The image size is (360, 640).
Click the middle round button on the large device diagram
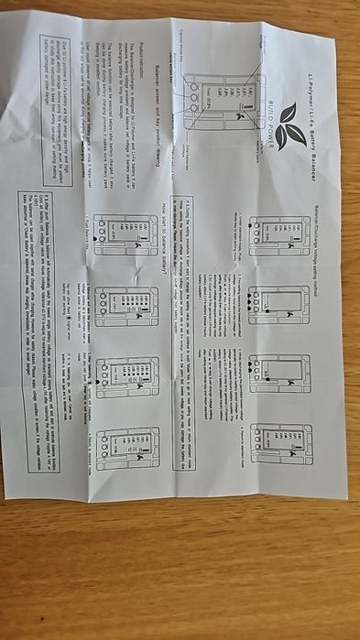(x=194, y=96)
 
